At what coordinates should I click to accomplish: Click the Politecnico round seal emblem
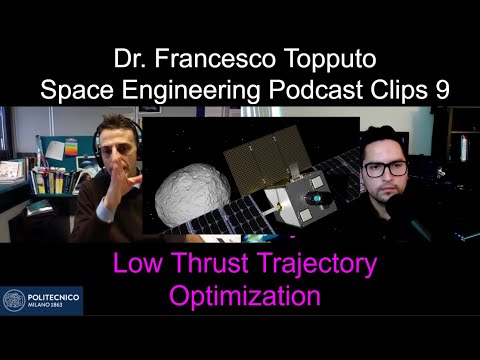click(13, 299)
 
